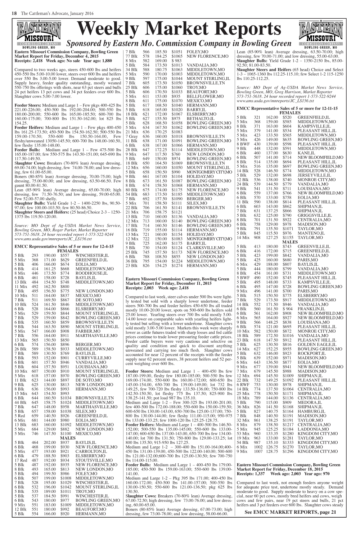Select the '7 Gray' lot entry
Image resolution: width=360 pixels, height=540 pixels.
click(x=131, y=136)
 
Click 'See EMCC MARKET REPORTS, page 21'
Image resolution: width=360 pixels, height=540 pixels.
click(x=290, y=512)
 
